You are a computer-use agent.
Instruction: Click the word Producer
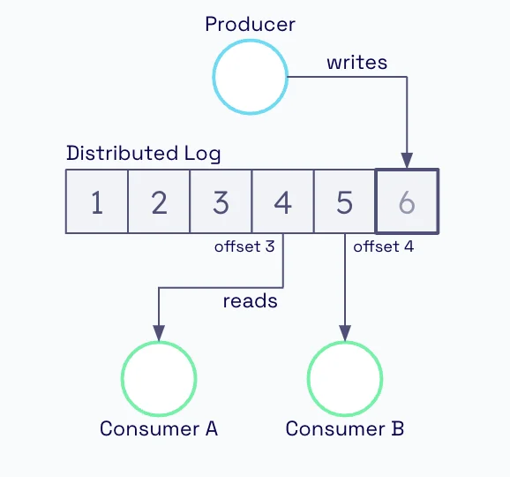[x=250, y=25]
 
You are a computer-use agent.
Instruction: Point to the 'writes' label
[x=356, y=63]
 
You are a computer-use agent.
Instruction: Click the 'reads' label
[x=250, y=301]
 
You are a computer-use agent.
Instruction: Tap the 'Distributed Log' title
[x=144, y=154]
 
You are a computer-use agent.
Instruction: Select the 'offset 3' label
[x=244, y=246]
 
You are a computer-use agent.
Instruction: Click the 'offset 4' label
[x=384, y=246]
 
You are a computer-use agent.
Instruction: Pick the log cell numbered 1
[x=97, y=201]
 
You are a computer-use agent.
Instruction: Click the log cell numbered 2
[x=159, y=201]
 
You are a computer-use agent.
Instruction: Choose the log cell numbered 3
[x=221, y=201]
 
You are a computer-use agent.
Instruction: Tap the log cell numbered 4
[x=283, y=201]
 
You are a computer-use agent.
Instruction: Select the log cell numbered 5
[x=345, y=201]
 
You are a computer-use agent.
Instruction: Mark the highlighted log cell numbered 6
[x=407, y=201]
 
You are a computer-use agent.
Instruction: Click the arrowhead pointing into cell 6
[x=407, y=161]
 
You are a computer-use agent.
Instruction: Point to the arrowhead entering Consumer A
[x=159, y=333]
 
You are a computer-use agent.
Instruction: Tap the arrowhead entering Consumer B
[x=345, y=333]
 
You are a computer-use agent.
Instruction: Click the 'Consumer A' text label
[x=159, y=428]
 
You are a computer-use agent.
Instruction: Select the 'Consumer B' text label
[x=345, y=428]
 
